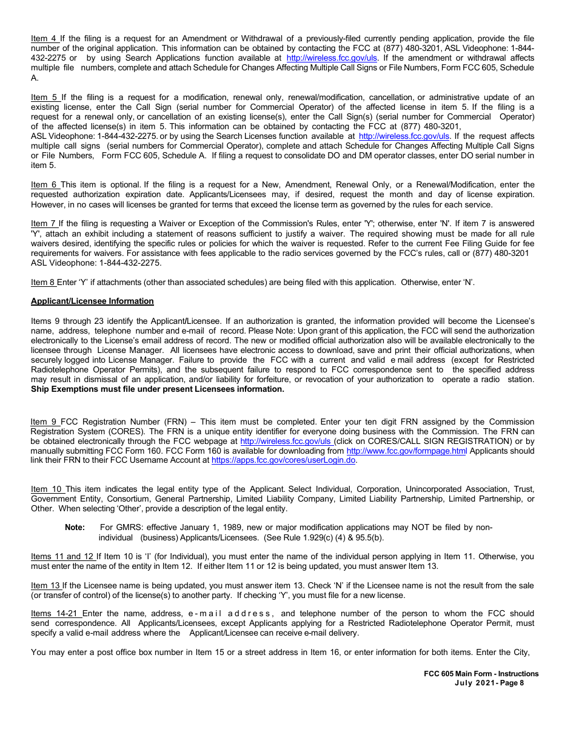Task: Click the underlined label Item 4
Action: coord(44,39)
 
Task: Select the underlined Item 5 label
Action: coord(45,97)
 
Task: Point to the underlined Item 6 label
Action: coord(45,184)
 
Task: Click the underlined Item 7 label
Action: coord(44,224)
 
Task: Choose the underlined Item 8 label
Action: coord(44,282)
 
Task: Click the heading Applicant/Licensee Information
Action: coord(92,301)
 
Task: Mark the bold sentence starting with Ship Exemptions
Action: coord(157,389)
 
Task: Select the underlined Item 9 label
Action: coord(45,422)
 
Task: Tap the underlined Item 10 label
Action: coord(48,489)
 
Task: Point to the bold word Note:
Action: coord(75,528)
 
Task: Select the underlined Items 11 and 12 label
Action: coord(63,556)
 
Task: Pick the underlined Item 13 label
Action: coord(46,585)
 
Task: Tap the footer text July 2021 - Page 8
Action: coord(489,683)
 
